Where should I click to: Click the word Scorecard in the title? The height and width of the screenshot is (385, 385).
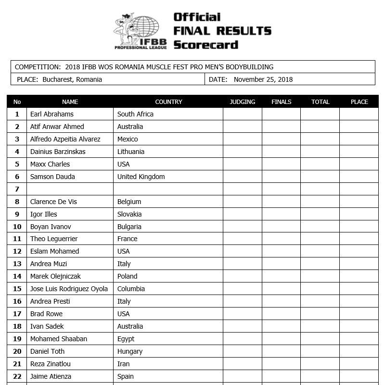coord(205,45)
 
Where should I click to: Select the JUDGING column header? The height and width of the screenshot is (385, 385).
coord(243,102)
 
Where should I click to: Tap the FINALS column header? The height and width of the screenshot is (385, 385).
coord(282,102)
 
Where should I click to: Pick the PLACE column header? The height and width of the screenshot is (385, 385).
coord(359,102)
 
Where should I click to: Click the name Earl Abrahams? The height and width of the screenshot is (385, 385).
coord(52,115)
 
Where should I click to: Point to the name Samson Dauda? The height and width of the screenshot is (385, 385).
coord(52,177)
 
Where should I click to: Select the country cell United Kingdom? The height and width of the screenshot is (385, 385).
coord(141,177)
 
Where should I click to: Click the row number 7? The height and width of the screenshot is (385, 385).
coord(17,190)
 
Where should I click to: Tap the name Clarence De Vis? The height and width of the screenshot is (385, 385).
coord(53,202)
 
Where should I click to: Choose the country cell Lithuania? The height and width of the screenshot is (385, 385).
coord(131,152)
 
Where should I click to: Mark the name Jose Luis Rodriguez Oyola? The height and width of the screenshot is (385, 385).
coord(69,289)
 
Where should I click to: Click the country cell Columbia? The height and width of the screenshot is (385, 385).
coord(131,289)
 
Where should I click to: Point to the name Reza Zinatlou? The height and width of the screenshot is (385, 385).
coord(51,364)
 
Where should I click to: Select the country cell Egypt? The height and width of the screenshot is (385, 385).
coord(126,339)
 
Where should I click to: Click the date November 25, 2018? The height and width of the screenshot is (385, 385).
coord(263,80)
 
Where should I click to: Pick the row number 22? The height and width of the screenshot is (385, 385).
coord(17,377)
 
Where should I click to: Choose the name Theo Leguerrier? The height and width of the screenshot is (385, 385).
coord(54,239)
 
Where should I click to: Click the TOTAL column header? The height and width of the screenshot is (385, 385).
coord(320,102)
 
